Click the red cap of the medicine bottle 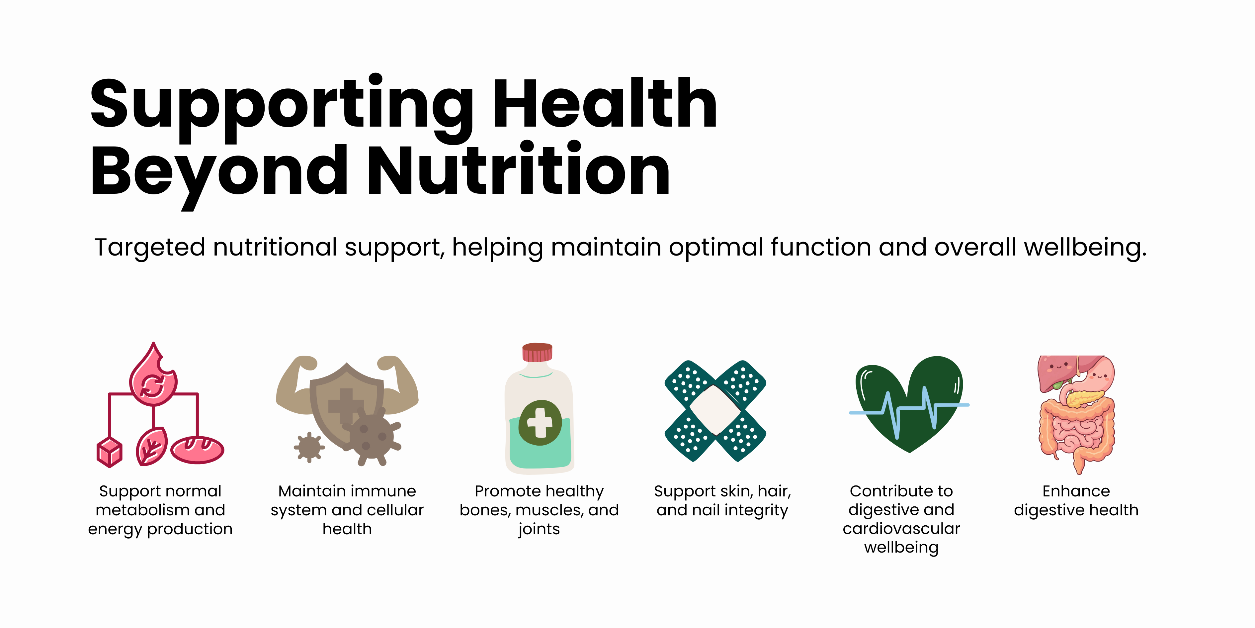[x=538, y=352]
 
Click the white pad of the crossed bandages [x=715, y=410]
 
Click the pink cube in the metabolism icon [x=110, y=453]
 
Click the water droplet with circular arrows [x=153, y=375]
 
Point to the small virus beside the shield [x=309, y=447]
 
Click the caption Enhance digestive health [x=1076, y=500]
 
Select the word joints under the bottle [x=539, y=529]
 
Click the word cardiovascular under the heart [x=901, y=529]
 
